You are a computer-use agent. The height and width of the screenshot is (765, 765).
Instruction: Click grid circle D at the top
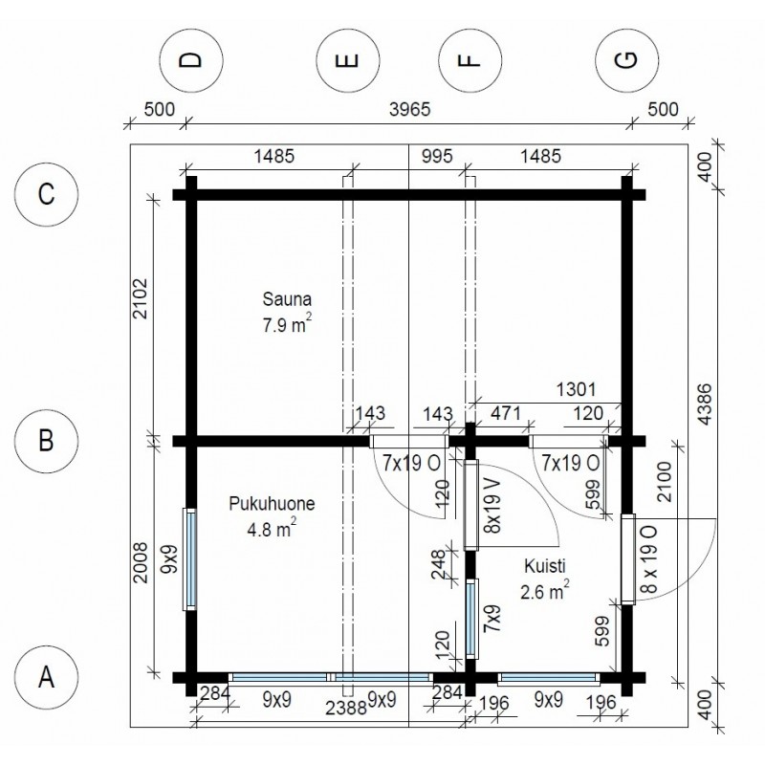191,60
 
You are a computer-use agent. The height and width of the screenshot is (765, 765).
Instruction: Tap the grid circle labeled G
627,60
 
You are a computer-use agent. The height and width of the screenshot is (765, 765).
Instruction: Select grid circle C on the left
46,194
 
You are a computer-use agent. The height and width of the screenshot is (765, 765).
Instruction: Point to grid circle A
46,677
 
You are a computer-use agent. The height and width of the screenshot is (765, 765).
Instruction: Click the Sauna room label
287,299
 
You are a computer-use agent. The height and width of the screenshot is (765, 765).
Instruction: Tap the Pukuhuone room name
272,504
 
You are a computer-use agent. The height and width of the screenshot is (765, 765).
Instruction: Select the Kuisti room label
545,566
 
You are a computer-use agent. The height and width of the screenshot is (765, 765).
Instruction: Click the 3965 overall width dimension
410,109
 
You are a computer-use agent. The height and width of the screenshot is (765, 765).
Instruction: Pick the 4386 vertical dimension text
705,404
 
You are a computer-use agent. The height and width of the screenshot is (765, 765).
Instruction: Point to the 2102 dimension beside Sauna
140,298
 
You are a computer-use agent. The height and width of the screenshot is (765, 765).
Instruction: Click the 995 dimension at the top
437,157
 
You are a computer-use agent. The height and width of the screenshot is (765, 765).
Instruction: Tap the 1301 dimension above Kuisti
577,389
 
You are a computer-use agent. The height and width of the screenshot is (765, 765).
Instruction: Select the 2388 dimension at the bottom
346,708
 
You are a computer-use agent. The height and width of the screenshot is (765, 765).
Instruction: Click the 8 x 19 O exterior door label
650,559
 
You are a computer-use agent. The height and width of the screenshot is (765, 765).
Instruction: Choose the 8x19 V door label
492,505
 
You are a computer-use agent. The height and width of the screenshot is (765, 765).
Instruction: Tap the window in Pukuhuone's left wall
189,559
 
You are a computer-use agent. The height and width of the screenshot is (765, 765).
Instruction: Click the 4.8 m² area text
272,529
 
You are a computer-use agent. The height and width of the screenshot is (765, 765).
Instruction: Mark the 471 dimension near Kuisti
506,413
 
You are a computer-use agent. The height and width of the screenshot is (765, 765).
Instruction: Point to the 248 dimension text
439,564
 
